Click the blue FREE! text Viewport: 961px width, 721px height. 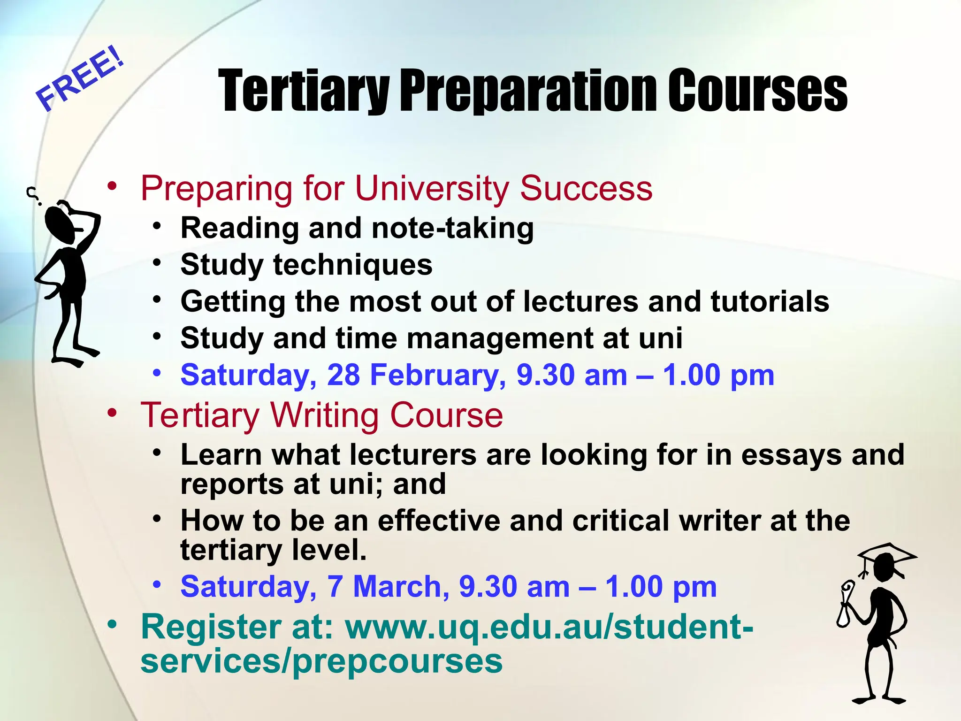coord(81,78)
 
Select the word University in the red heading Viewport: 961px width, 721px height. coord(431,188)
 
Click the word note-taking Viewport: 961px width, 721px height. coord(452,229)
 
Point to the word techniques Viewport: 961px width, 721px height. coord(352,265)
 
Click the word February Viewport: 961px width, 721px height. coord(437,376)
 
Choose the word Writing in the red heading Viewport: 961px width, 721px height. coord(325,415)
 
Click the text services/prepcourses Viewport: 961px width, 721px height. coord(321,660)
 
